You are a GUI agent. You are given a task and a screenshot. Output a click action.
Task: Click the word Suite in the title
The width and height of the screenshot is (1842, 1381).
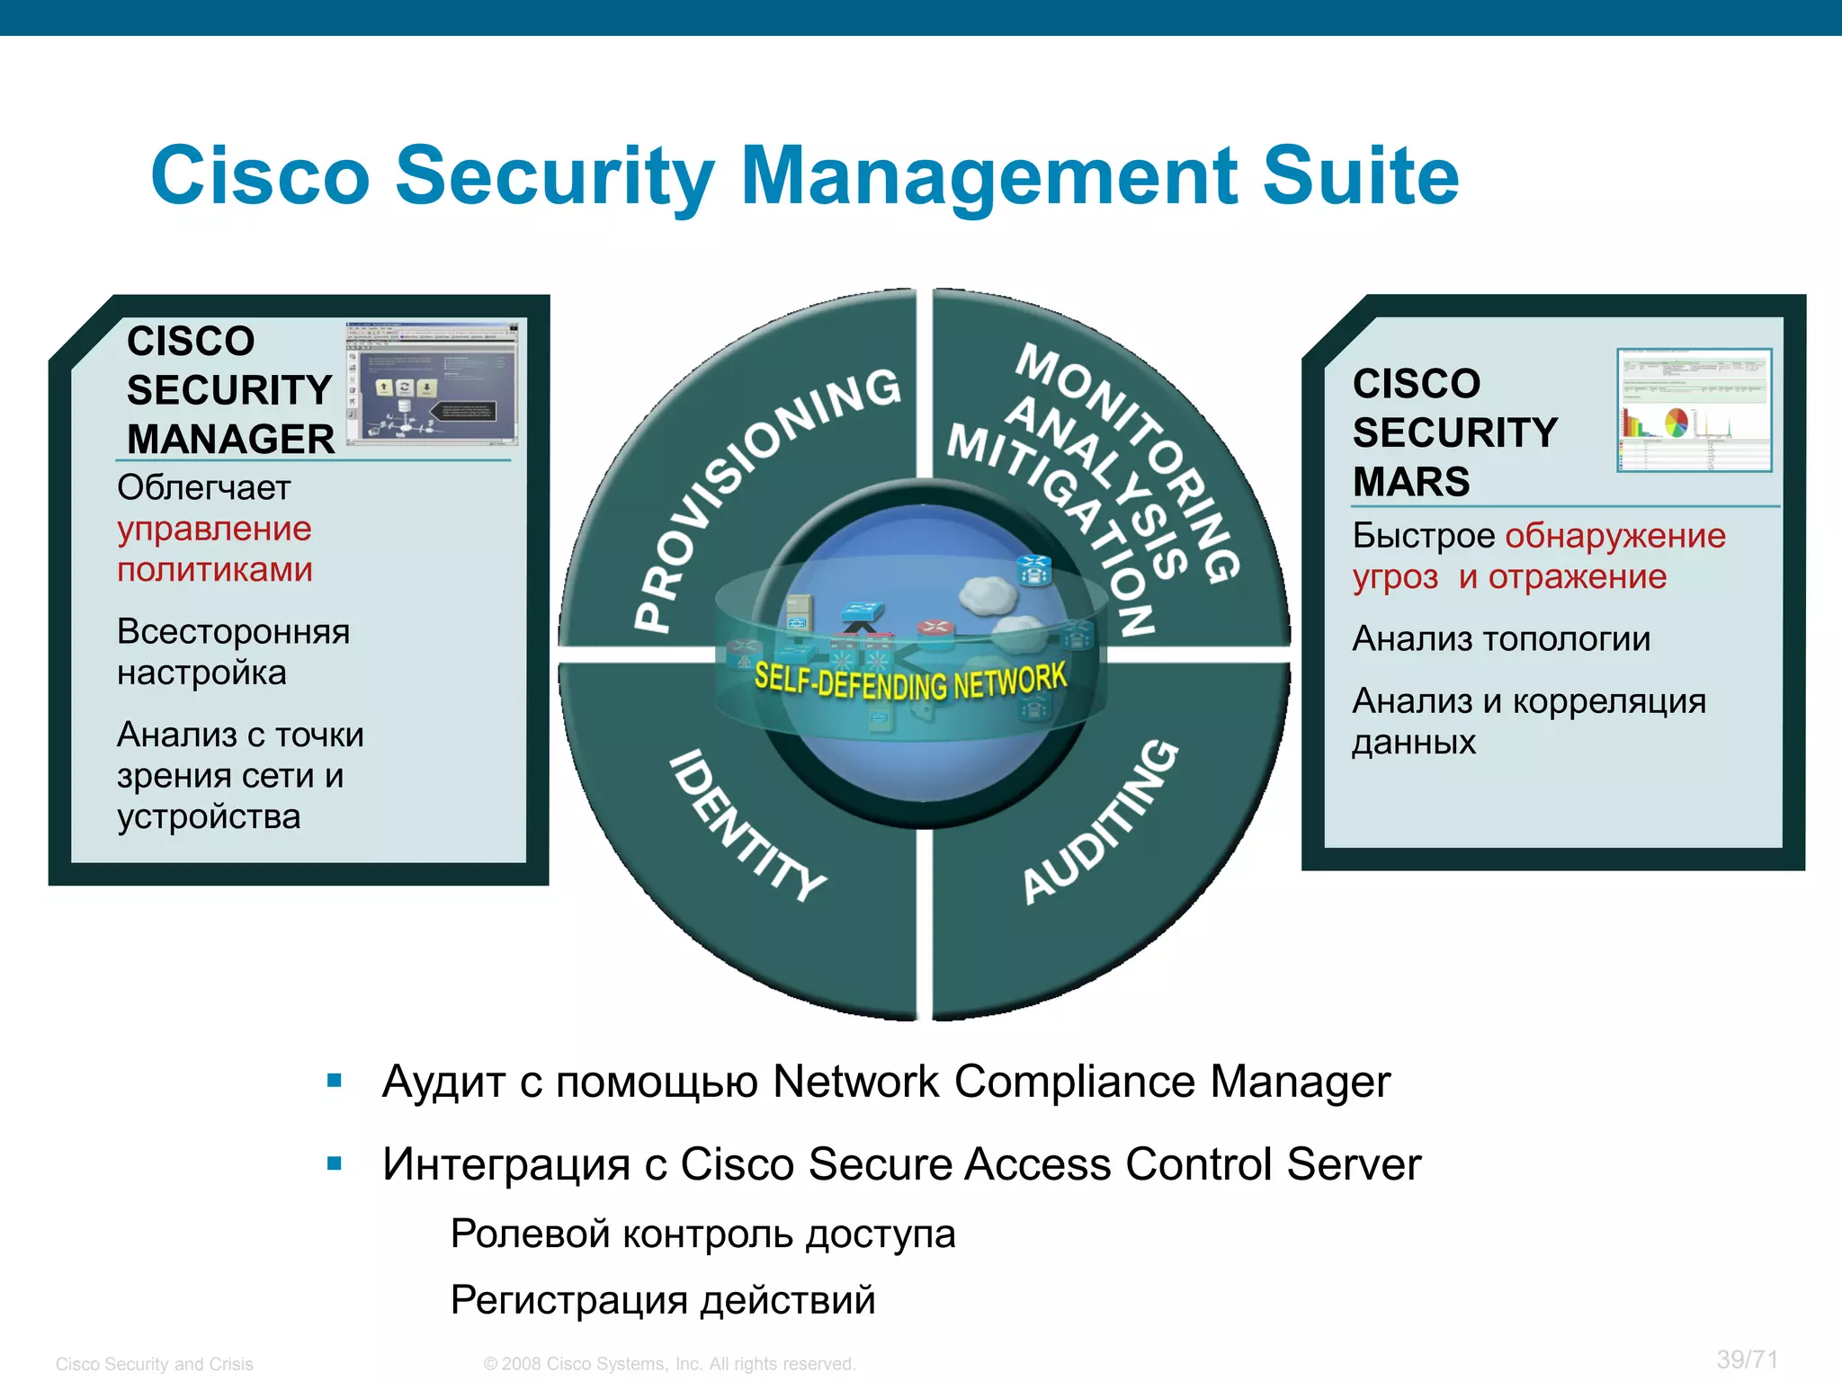[1360, 176]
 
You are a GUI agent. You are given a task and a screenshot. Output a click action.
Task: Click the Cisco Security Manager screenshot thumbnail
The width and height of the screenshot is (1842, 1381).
[433, 383]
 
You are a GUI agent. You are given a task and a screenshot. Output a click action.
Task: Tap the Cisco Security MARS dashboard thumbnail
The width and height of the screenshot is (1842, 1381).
[1694, 410]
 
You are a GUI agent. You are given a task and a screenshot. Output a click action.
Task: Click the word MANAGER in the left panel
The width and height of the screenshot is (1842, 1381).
[230, 440]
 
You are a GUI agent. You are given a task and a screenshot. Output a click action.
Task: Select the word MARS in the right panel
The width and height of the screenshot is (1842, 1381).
[1410, 482]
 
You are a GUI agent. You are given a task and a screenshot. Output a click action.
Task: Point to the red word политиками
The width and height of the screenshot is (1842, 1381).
[214, 570]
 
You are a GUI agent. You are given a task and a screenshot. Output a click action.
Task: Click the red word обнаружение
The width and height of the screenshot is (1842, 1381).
[1615, 536]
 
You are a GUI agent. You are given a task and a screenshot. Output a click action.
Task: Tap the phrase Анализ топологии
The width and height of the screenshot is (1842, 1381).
[1501, 639]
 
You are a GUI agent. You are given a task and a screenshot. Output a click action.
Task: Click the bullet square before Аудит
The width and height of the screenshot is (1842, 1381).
[335, 1081]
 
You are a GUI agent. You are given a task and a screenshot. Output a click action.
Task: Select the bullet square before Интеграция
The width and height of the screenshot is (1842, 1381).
[335, 1163]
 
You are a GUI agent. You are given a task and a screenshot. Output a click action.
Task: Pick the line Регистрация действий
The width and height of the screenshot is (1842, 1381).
[663, 1300]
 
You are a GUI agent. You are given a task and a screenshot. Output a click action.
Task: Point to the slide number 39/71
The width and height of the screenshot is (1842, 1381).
[1747, 1359]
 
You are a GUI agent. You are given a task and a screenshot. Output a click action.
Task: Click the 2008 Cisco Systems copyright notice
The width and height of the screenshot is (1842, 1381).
[669, 1364]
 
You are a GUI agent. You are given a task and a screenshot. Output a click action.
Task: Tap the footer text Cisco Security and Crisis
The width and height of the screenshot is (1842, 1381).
[155, 1364]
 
